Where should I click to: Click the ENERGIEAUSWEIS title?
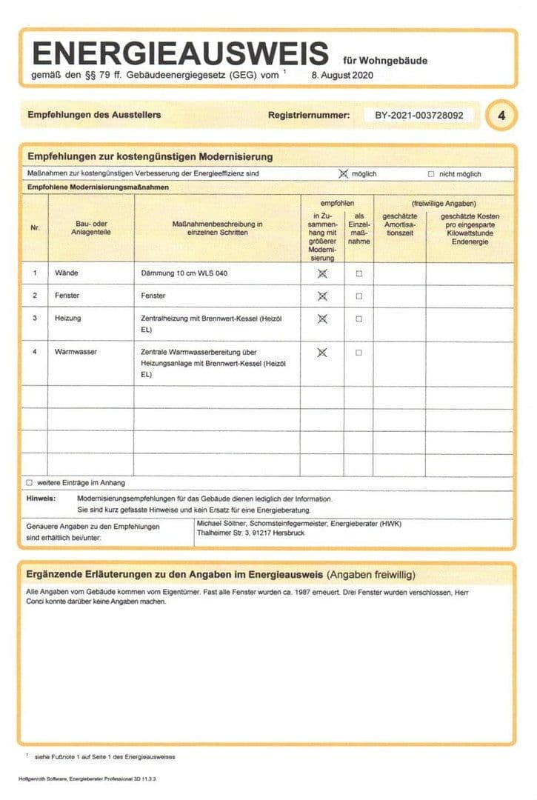[x=180, y=53]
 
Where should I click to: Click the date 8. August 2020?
[x=341, y=75]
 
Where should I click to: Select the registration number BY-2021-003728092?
[x=419, y=116]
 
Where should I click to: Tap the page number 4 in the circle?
[x=501, y=116]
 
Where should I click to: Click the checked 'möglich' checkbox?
[x=343, y=174]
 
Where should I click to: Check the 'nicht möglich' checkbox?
[x=431, y=174]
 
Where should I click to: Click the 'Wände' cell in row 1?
[x=66, y=273]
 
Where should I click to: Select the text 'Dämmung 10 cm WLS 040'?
[x=184, y=273]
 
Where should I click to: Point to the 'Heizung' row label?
[x=68, y=318]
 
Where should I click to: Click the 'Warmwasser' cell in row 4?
[x=76, y=352]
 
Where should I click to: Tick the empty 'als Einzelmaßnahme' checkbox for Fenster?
[x=359, y=296]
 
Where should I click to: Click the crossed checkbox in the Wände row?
[x=322, y=273]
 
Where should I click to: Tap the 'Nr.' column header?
[x=35, y=227]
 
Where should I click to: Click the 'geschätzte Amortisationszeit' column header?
[x=399, y=224]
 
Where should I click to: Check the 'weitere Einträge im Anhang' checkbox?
[x=30, y=483]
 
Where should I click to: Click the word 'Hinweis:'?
[x=41, y=499]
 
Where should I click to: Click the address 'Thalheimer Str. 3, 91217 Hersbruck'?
[x=250, y=533]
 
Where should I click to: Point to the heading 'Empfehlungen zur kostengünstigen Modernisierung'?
[x=150, y=156]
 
